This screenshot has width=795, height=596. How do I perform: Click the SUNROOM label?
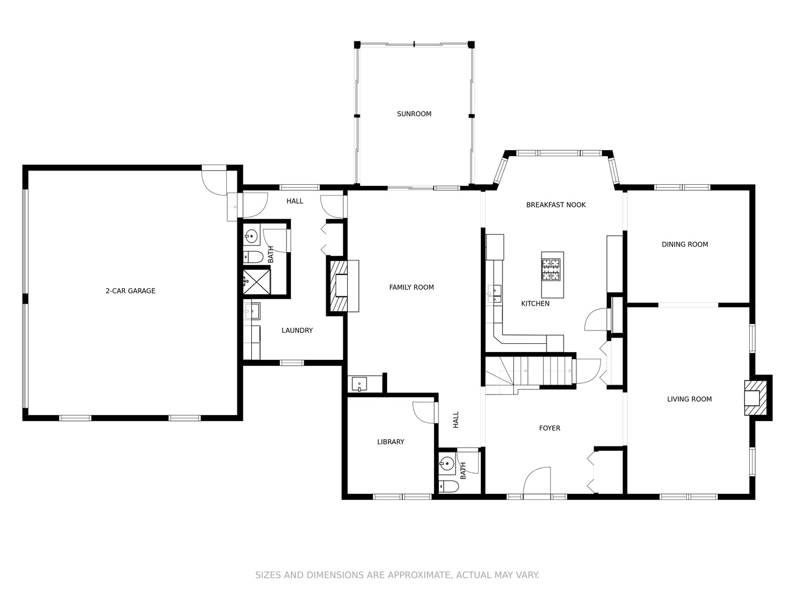point(414,114)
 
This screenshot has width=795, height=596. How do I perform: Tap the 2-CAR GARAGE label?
point(130,291)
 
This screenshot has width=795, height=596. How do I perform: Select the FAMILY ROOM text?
point(411,288)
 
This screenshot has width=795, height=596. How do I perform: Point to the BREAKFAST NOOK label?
point(556,205)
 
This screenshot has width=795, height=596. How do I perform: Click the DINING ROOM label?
point(685,244)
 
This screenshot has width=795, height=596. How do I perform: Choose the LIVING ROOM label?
point(689,399)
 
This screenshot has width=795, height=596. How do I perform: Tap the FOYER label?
point(549,428)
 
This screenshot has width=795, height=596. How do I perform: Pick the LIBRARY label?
point(390,442)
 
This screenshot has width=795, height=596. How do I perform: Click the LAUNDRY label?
point(297,331)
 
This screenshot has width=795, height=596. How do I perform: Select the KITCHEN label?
point(535,304)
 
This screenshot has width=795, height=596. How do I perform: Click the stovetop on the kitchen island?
point(551,270)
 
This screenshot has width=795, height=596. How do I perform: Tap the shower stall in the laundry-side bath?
point(256,282)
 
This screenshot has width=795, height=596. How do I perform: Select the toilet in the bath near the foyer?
point(448,486)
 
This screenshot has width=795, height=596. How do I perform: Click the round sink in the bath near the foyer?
point(447,463)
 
